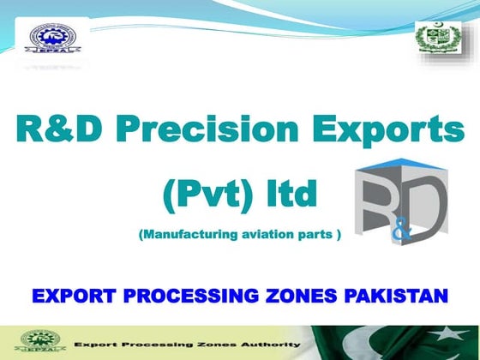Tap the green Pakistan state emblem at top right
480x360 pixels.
coord(437,39)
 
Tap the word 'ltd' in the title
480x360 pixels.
coord(289,196)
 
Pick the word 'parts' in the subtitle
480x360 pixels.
coord(312,234)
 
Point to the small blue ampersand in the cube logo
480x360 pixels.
coord(399,232)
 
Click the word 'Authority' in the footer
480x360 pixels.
coord(271,344)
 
